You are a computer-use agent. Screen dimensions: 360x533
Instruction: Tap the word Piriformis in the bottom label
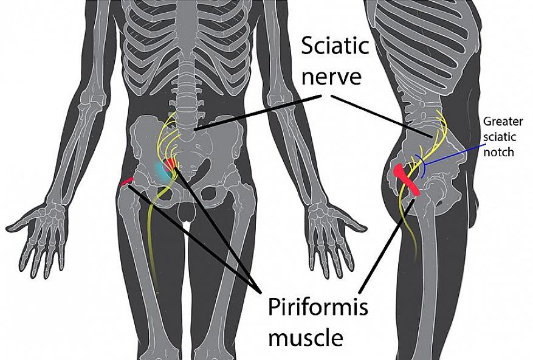coord(318,308)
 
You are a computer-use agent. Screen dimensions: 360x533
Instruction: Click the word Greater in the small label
coord(503,122)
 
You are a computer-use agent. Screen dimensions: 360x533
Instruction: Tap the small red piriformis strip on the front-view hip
coord(127,181)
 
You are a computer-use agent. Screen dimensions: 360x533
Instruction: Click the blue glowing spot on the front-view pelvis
coord(160,170)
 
